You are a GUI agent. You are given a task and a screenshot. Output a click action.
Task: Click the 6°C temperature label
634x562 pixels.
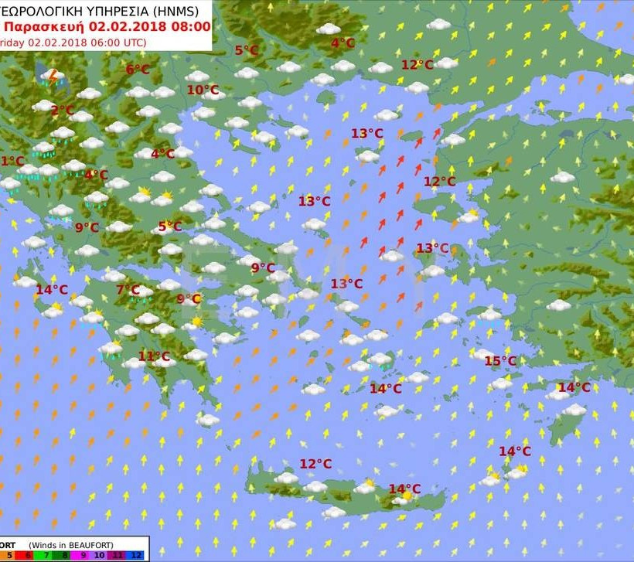point(138,70)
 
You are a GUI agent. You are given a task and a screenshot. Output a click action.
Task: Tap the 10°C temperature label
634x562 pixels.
point(203,90)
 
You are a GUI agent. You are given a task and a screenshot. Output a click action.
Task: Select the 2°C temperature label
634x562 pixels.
point(63,111)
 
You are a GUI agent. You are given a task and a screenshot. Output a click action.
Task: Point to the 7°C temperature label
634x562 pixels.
point(128,290)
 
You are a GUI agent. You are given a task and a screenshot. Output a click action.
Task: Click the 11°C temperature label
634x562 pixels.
point(154,356)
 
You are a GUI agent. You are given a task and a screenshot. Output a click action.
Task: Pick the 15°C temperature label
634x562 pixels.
point(499,361)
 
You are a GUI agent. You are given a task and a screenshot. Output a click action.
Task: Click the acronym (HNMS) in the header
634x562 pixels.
point(176,11)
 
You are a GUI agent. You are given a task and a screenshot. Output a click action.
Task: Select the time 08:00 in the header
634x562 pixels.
point(189,26)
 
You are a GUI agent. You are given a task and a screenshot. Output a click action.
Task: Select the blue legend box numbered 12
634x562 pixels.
point(137,555)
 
